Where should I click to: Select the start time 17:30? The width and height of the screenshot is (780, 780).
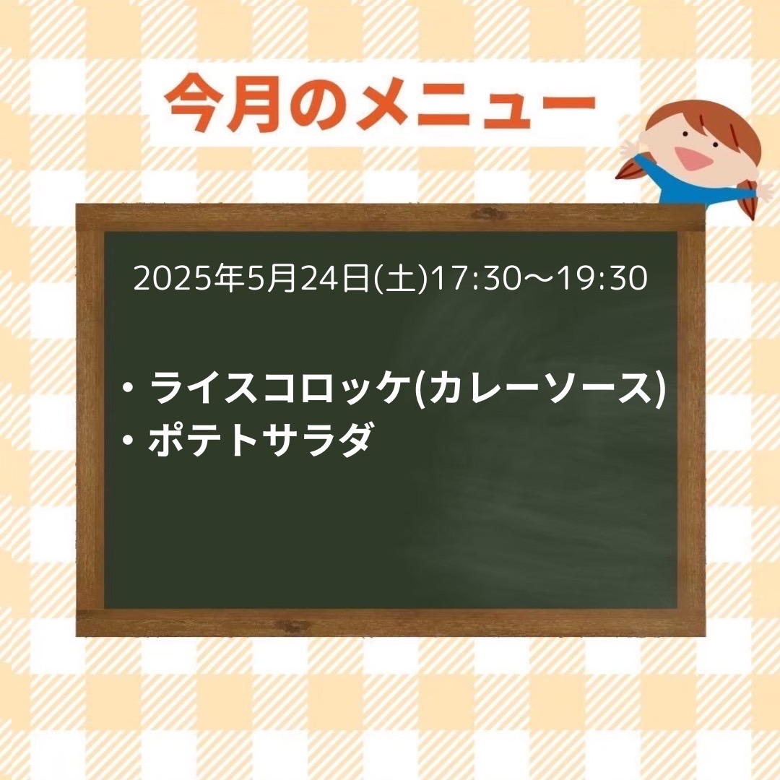[x=474, y=278]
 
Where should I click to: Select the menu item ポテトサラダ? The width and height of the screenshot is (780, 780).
[x=259, y=439]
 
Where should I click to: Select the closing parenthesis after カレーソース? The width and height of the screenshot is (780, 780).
[x=660, y=389]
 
